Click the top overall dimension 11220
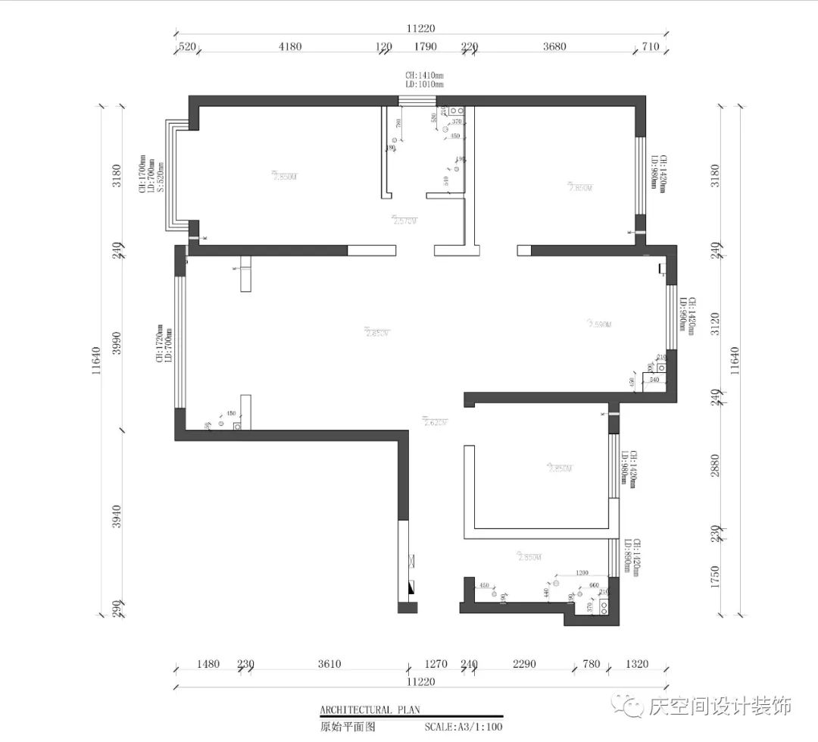[x=421, y=28]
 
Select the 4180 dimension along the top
[x=289, y=47]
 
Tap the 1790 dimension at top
[x=426, y=47]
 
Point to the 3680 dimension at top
[x=554, y=47]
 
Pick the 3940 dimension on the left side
[x=117, y=517]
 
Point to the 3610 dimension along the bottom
[x=329, y=665]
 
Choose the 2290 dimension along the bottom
[x=524, y=665]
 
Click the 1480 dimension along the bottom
[x=208, y=665]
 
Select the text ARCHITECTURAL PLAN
[x=370, y=710]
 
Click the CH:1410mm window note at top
[x=424, y=76]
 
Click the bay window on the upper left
[x=176, y=176]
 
